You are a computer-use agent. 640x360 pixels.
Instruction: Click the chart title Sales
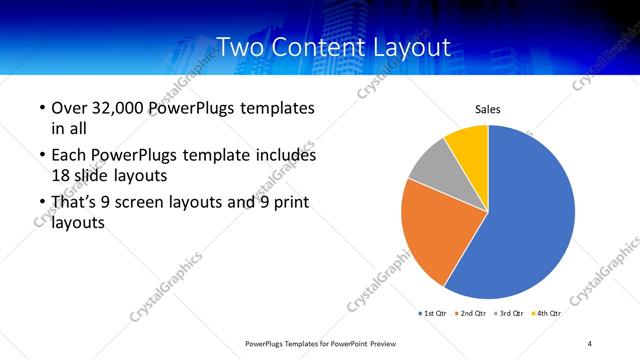tap(487, 110)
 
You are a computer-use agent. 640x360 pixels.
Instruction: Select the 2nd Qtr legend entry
tap(473, 313)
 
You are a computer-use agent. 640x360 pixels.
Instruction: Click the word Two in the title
tap(240, 46)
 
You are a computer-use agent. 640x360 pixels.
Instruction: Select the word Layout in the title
tap(410, 46)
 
